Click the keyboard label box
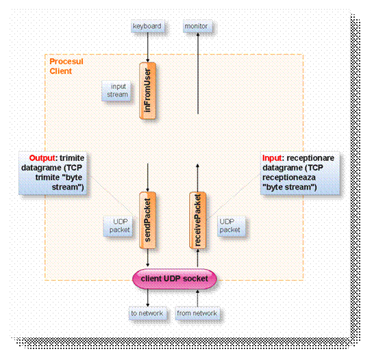click(x=147, y=27)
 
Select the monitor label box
click(x=197, y=27)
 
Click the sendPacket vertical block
click(x=148, y=222)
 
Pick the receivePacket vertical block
click(x=197, y=222)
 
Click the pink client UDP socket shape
click(x=174, y=279)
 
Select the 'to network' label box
click(x=147, y=313)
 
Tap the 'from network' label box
click(x=197, y=313)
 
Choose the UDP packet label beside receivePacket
click(x=229, y=226)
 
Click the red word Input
click(x=273, y=158)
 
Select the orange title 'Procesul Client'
click(x=66, y=66)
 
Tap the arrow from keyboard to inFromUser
click(x=148, y=47)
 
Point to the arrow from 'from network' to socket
click(x=197, y=298)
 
